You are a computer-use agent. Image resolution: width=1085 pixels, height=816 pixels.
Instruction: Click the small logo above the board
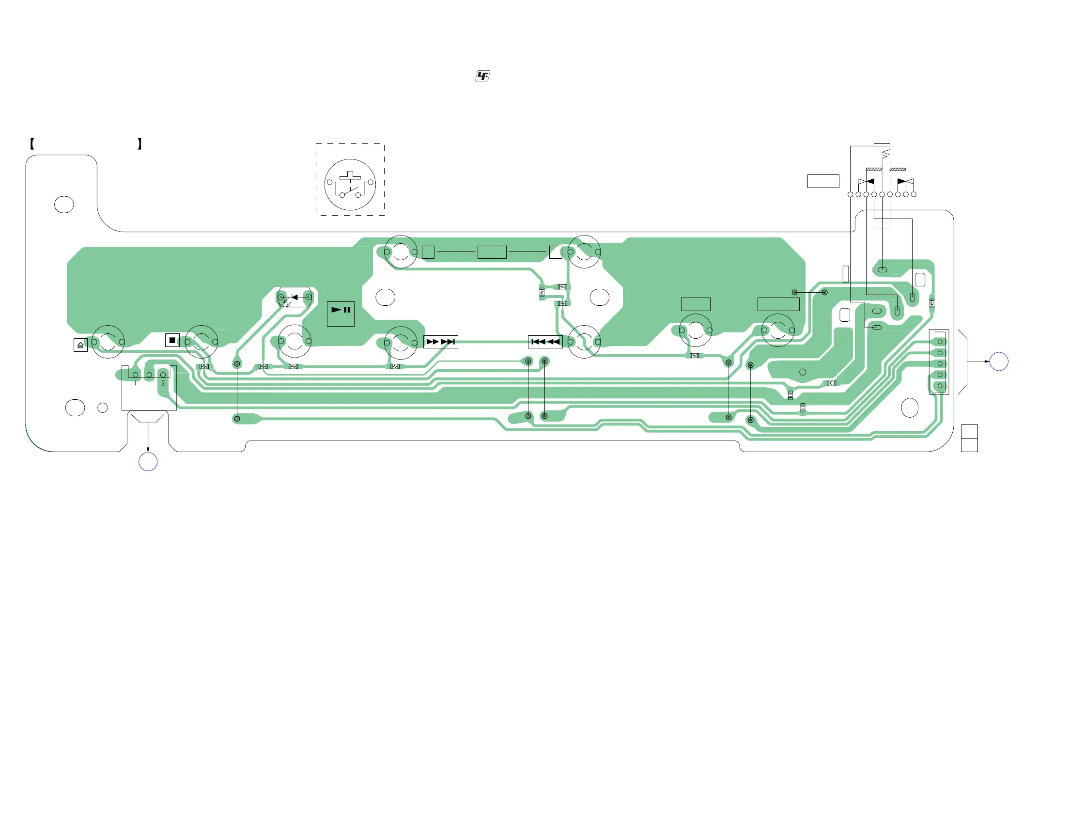[482, 76]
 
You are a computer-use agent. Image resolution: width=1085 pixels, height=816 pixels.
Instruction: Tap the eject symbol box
[80, 345]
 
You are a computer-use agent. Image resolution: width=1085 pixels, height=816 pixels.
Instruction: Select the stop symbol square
[172, 340]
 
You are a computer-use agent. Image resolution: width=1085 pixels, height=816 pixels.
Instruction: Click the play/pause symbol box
[341, 314]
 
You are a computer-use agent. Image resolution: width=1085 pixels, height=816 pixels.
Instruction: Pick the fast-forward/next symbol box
[440, 342]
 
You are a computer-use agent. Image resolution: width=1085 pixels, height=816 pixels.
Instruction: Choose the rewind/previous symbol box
[545, 342]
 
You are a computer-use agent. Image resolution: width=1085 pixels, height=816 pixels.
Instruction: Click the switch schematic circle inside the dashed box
[350, 185]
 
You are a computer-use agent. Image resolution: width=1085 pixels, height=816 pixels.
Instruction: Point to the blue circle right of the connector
[999, 361]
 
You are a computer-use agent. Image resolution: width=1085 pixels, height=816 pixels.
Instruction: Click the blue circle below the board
[148, 462]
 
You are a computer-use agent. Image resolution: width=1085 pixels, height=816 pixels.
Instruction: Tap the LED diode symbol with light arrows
[294, 298]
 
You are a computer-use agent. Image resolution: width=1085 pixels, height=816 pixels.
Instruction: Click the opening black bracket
[32, 144]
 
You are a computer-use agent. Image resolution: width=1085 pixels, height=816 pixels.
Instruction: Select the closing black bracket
[140, 144]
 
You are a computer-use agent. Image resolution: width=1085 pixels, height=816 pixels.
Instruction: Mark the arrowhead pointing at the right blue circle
[987, 361]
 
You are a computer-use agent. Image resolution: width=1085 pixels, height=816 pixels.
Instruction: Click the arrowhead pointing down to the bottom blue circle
[148, 450]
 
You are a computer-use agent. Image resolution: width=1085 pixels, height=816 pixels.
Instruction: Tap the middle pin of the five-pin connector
[940, 364]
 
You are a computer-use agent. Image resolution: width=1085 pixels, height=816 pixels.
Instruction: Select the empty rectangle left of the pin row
[823, 181]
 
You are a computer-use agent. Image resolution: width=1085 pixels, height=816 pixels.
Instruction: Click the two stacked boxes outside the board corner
[969, 438]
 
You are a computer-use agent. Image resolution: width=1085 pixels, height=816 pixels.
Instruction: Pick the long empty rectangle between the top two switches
[492, 252]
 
